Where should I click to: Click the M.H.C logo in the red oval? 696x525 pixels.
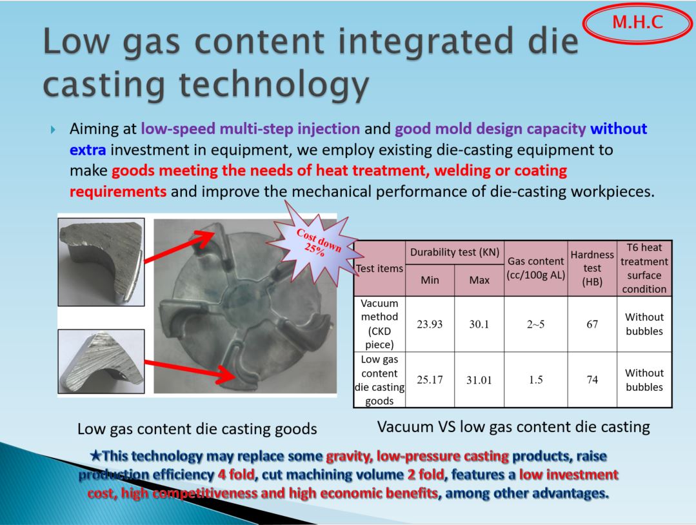pos(637,23)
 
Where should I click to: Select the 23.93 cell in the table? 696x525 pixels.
pos(430,324)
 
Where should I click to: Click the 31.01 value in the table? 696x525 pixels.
pos(479,380)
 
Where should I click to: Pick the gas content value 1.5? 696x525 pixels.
pos(536,380)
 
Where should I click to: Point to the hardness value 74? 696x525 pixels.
pos(592,380)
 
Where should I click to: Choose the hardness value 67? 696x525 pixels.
pos(592,324)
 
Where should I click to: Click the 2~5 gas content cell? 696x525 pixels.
pos(536,324)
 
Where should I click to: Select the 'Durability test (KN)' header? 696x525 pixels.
pos(455,253)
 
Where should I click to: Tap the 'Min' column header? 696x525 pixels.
pos(430,280)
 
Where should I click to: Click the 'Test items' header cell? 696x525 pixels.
pos(379,268)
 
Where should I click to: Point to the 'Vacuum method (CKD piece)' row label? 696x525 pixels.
pos(379,324)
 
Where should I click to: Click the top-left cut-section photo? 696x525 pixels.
pos(101,262)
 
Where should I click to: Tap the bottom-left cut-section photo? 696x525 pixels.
pos(101,361)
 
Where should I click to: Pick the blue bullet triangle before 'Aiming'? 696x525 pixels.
pos(54,130)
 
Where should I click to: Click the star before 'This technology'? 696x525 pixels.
pos(96,456)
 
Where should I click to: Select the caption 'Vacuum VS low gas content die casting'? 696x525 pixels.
pos(513,427)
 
